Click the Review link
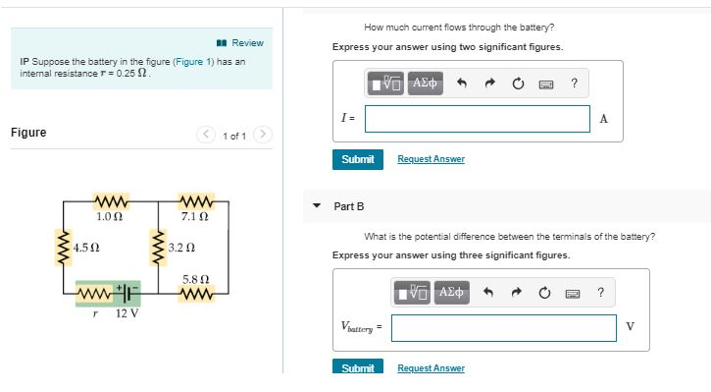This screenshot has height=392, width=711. tap(246, 42)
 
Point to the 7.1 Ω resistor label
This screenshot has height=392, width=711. tap(193, 216)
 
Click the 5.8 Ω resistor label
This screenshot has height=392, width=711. tap(193, 279)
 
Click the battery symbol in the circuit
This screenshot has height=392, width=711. tap(129, 293)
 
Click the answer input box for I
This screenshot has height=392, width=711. tap(478, 119)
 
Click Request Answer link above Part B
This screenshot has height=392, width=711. tap(431, 159)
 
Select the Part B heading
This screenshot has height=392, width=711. tap(349, 206)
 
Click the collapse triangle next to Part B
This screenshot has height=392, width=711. tap(316, 206)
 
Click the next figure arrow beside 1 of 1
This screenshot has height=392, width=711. tap(264, 135)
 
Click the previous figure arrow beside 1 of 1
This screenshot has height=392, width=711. tap(206, 135)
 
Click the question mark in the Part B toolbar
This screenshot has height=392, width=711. tap(600, 292)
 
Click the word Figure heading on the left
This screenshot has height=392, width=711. tap(28, 133)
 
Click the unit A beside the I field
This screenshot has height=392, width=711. tap(603, 119)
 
